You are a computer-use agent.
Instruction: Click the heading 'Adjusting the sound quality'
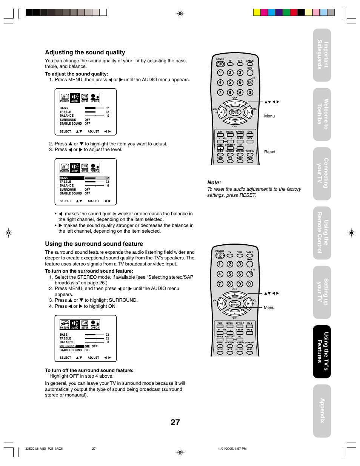(x=85, y=52)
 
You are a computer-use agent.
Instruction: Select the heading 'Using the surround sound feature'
(x=94, y=244)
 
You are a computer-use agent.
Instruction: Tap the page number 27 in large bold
(x=175, y=422)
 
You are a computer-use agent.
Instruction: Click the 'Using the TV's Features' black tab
(x=322, y=351)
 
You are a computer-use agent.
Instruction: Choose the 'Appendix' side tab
(x=322, y=410)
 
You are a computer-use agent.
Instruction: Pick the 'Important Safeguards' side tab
(x=322, y=55)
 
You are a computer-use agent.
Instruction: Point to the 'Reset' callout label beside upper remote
(x=269, y=152)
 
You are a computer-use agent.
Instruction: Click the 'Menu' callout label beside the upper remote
(x=269, y=116)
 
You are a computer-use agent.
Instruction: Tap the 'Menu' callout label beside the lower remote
(x=269, y=307)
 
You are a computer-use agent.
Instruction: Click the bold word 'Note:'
(x=214, y=182)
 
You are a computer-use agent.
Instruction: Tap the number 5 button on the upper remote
(x=230, y=82)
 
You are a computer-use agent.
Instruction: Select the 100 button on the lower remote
(x=249, y=274)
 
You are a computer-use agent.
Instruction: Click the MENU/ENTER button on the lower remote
(x=234, y=304)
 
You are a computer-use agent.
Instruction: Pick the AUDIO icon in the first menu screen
(x=75, y=98)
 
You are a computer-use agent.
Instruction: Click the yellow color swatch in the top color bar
(x=257, y=12)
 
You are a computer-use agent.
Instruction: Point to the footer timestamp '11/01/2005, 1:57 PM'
(x=232, y=449)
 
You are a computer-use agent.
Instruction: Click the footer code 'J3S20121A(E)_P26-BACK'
(x=44, y=449)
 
